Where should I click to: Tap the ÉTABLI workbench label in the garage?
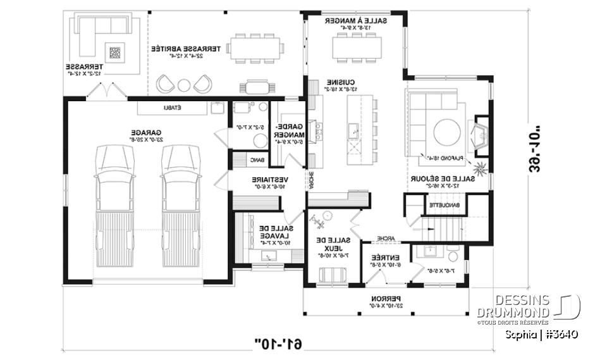[x=173, y=108]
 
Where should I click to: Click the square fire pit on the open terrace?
[x=116, y=52]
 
